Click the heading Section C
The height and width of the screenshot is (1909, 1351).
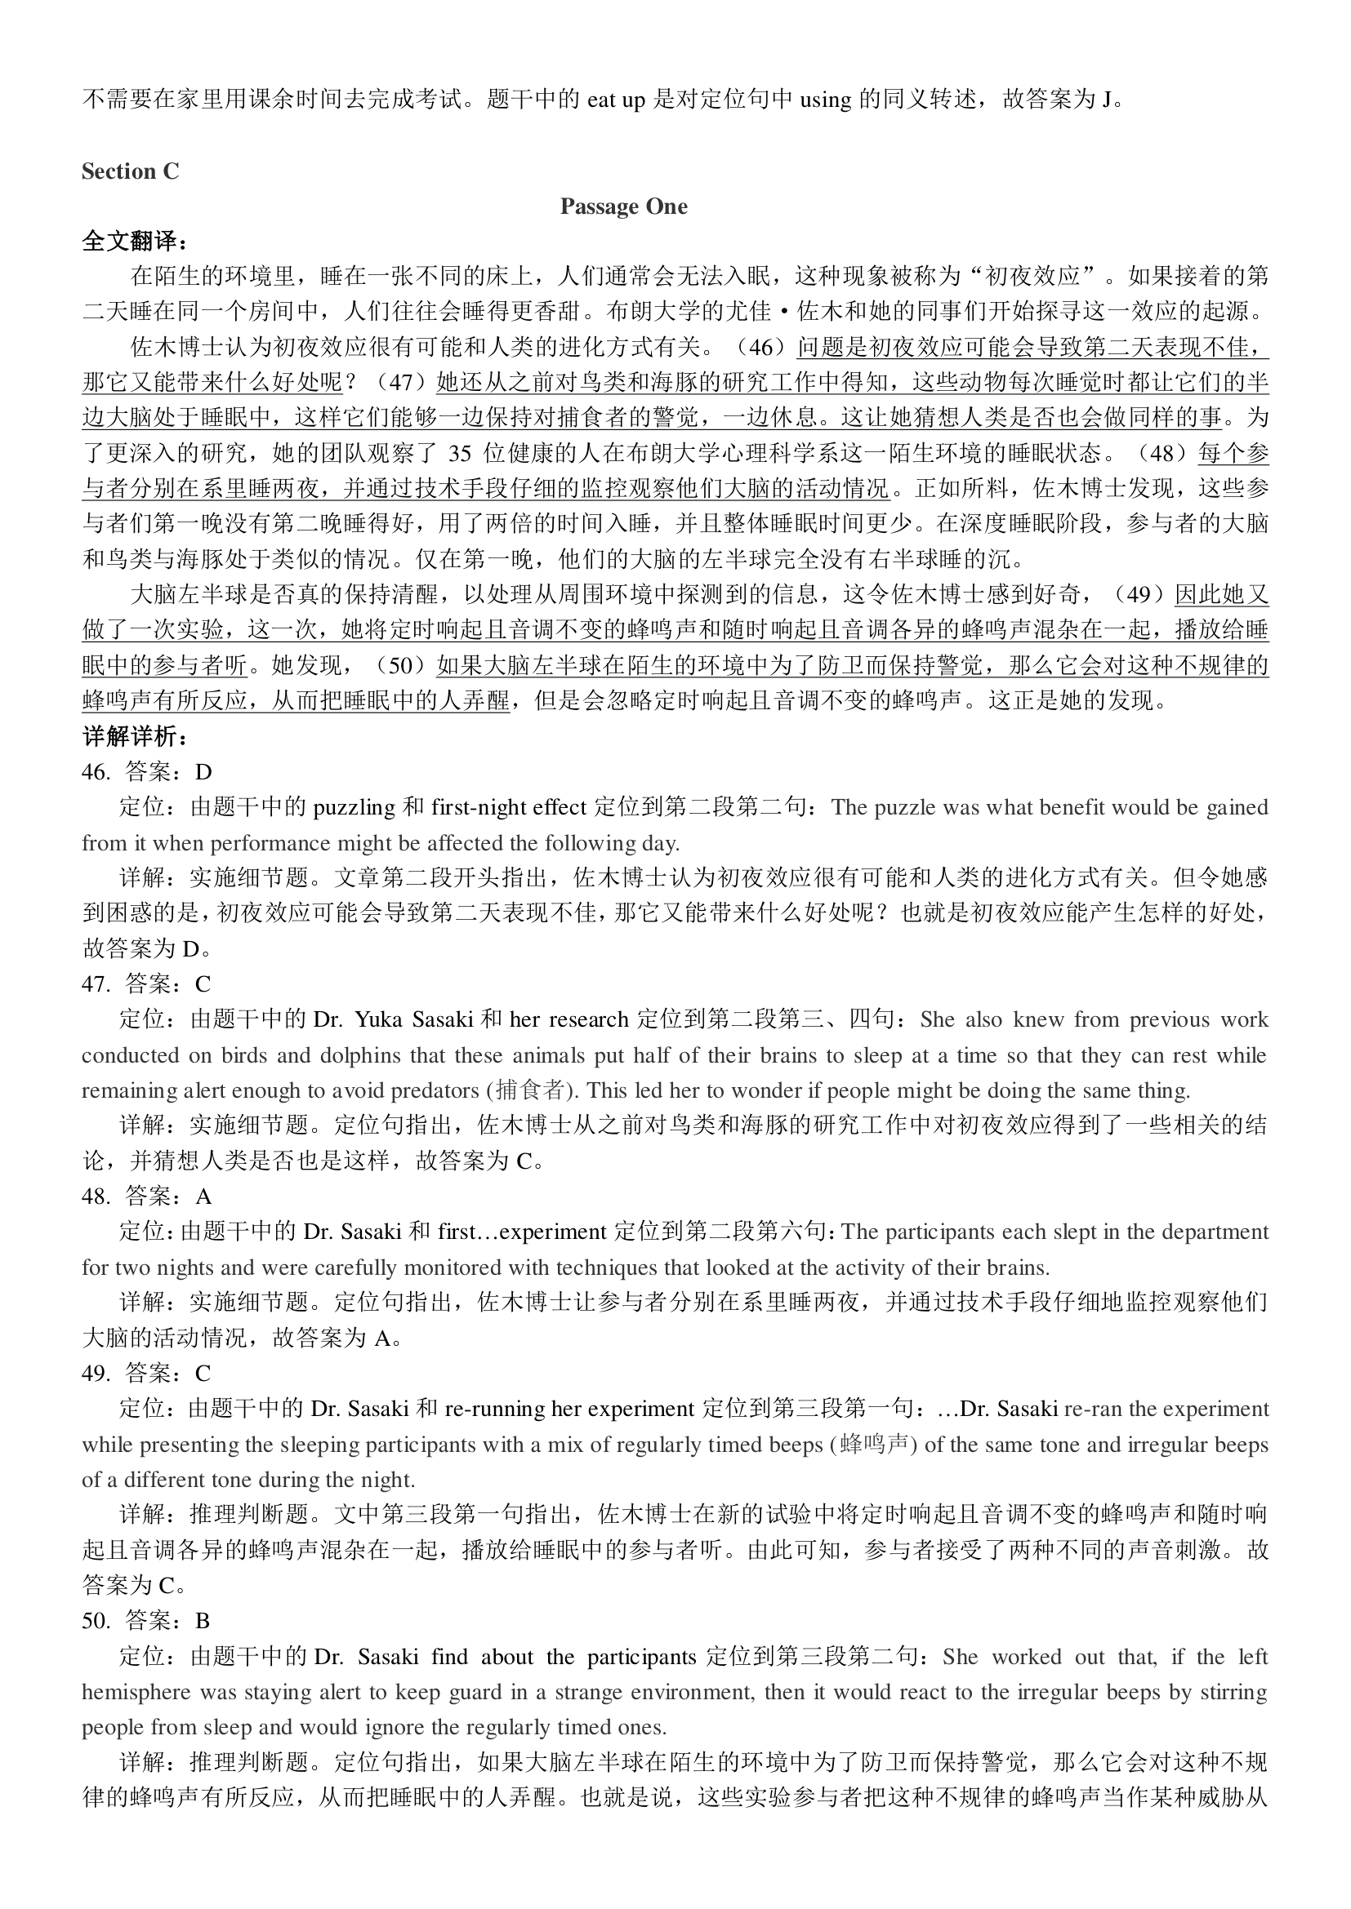(x=130, y=171)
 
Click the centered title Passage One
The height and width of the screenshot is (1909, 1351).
(x=623, y=207)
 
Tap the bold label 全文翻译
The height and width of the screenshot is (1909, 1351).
(x=134, y=241)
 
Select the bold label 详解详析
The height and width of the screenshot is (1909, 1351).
(x=134, y=737)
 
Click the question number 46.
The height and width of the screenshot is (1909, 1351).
(x=96, y=772)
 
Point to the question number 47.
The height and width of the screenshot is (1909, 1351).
(x=96, y=984)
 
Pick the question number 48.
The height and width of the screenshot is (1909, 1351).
(x=96, y=1196)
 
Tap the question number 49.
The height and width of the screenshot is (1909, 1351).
(x=96, y=1374)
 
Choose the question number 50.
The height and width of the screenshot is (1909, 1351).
(x=96, y=1621)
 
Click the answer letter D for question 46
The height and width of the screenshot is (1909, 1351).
(x=204, y=772)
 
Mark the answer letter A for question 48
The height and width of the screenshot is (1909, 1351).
(x=204, y=1196)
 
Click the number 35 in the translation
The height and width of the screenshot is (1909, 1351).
(x=460, y=453)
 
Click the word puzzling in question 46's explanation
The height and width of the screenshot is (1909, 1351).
(x=354, y=808)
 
